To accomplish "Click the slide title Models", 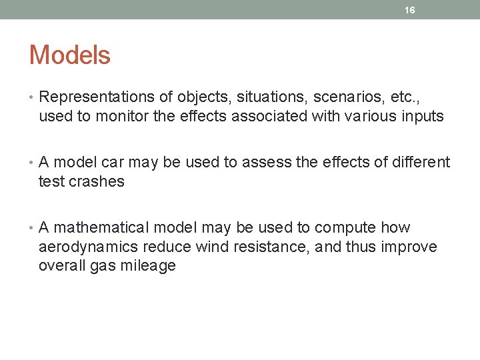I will tap(69, 55).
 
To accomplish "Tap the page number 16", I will tap(410, 9).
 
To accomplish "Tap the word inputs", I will tap(421, 117).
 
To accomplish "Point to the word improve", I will tap(409, 247).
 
